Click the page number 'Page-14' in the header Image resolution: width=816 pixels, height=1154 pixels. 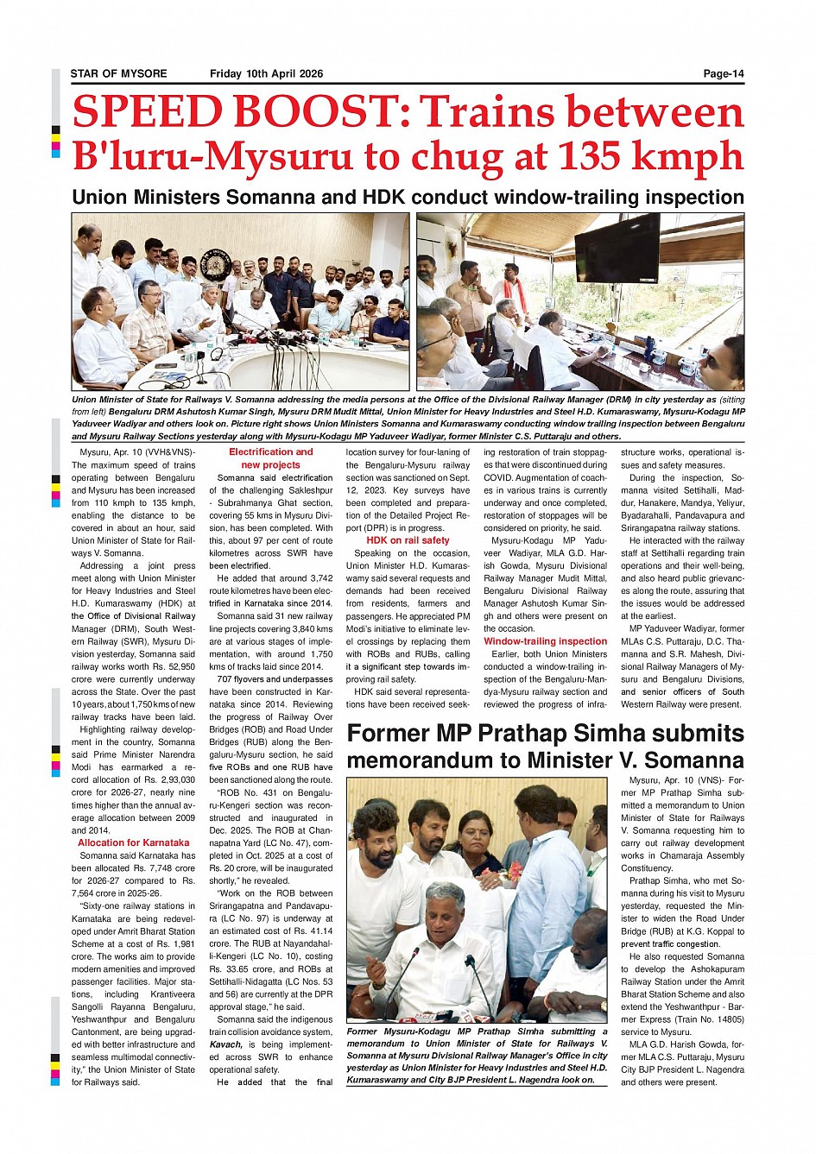click(x=723, y=74)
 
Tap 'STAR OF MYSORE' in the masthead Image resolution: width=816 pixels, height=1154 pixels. click(x=119, y=74)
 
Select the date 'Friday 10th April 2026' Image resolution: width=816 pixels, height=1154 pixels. click(x=266, y=74)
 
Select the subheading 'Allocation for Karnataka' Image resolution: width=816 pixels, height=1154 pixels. click(x=133, y=842)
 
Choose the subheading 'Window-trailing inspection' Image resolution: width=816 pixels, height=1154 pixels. click(x=545, y=641)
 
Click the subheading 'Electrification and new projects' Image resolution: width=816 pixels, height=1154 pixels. click(x=270, y=458)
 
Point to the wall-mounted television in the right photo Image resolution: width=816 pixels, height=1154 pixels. click(x=617, y=247)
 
